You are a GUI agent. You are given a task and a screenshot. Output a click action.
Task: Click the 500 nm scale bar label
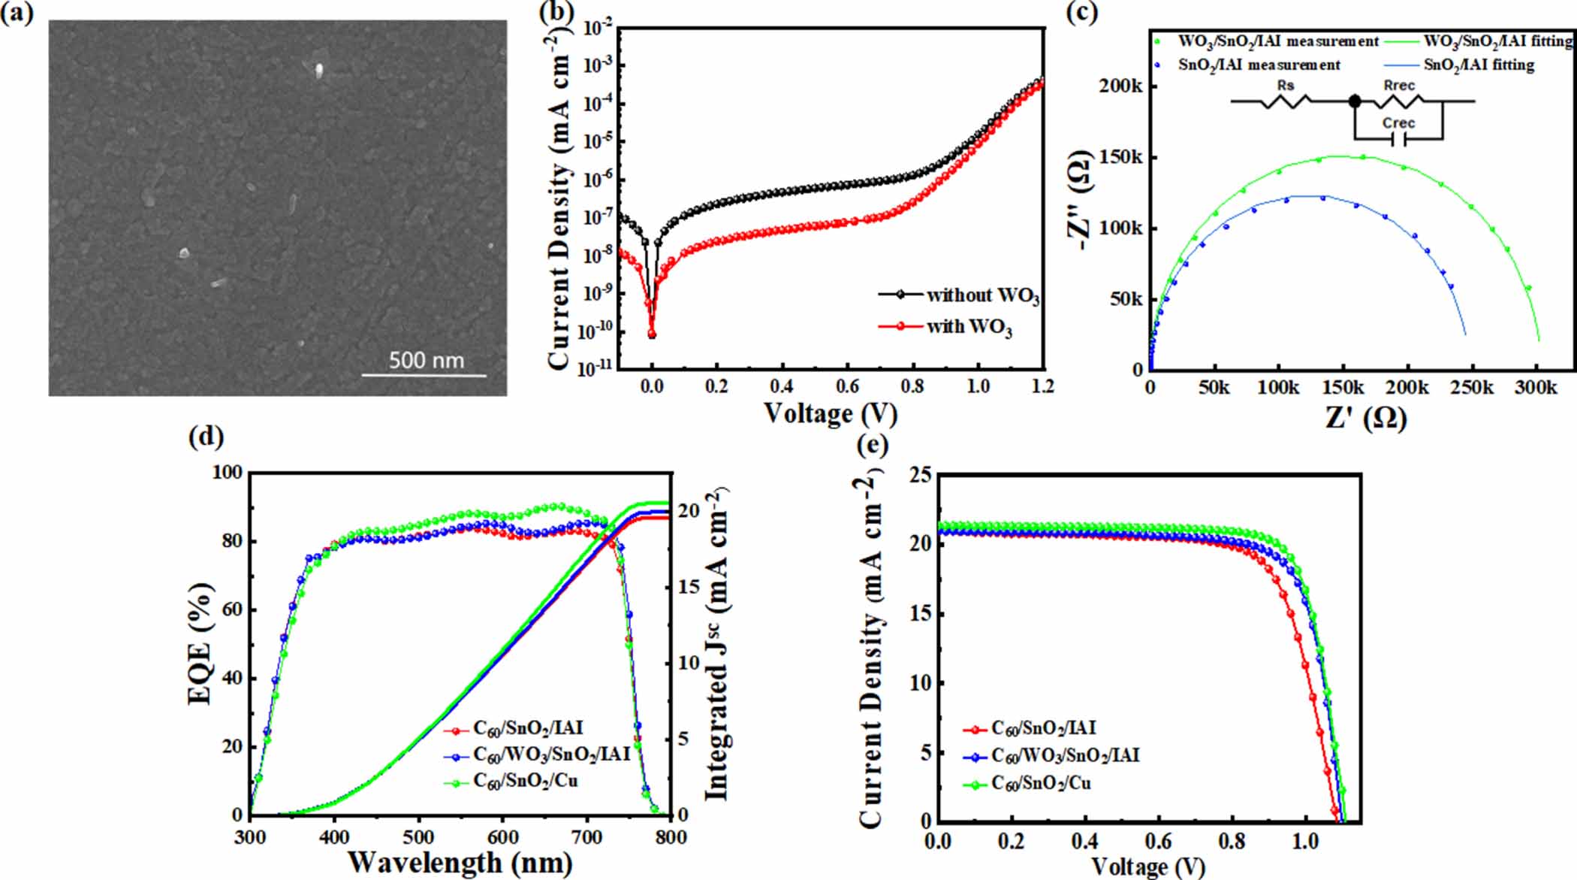(x=426, y=361)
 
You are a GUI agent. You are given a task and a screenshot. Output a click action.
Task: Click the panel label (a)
(x=17, y=14)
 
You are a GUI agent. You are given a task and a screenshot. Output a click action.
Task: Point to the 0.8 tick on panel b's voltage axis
(x=912, y=386)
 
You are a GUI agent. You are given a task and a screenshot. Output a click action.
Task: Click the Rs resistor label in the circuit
(x=1286, y=86)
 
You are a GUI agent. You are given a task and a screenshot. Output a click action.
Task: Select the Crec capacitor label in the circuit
(x=1398, y=123)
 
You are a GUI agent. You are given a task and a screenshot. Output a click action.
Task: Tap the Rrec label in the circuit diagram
(x=1399, y=86)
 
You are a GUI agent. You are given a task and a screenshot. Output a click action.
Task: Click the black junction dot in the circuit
(x=1355, y=101)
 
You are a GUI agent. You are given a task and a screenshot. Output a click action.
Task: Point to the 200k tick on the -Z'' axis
(x=1120, y=86)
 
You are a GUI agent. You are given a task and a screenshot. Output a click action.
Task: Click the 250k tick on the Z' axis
(x=1472, y=388)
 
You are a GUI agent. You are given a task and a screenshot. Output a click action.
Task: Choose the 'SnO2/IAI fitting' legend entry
(x=1479, y=65)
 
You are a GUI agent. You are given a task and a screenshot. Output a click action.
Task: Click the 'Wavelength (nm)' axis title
(x=460, y=862)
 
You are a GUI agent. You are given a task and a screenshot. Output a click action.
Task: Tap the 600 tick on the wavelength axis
(x=502, y=837)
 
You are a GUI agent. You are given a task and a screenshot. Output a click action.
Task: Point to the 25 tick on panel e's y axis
(x=921, y=475)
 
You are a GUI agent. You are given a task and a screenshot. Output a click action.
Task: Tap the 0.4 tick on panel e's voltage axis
(x=1085, y=841)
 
